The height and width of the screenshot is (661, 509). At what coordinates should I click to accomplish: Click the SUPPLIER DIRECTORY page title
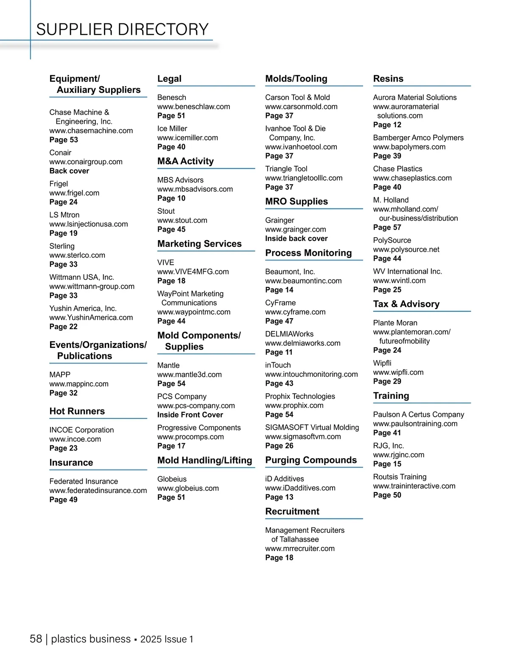(122, 29)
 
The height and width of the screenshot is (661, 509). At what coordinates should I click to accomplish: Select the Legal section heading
(169, 78)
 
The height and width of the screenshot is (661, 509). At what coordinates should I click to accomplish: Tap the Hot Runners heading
(77, 411)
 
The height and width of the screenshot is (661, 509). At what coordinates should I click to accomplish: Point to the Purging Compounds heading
(311, 460)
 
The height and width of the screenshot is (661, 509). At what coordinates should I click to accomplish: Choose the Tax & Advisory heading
(406, 304)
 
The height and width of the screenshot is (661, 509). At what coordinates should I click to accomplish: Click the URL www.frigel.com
(74, 193)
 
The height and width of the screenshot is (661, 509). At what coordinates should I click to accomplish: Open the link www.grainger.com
(296, 229)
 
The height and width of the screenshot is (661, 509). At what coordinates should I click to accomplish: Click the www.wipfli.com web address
(398, 372)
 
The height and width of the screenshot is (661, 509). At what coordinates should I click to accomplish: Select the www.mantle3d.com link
(190, 374)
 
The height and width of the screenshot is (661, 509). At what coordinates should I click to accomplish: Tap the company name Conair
(60, 152)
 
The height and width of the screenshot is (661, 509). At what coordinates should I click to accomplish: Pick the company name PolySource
(392, 240)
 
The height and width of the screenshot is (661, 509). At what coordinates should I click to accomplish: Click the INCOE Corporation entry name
(81, 430)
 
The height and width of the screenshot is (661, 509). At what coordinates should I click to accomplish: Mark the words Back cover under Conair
(69, 171)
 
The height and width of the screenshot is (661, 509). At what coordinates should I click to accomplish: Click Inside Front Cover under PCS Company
(190, 415)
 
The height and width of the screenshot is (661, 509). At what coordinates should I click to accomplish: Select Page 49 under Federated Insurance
(63, 499)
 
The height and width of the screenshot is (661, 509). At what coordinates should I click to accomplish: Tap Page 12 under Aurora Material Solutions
(387, 125)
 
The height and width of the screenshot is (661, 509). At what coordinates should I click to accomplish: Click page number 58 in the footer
(36, 639)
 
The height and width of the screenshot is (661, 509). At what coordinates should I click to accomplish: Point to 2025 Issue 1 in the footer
(167, 639)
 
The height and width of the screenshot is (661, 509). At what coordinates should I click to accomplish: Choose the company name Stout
(166, 211)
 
